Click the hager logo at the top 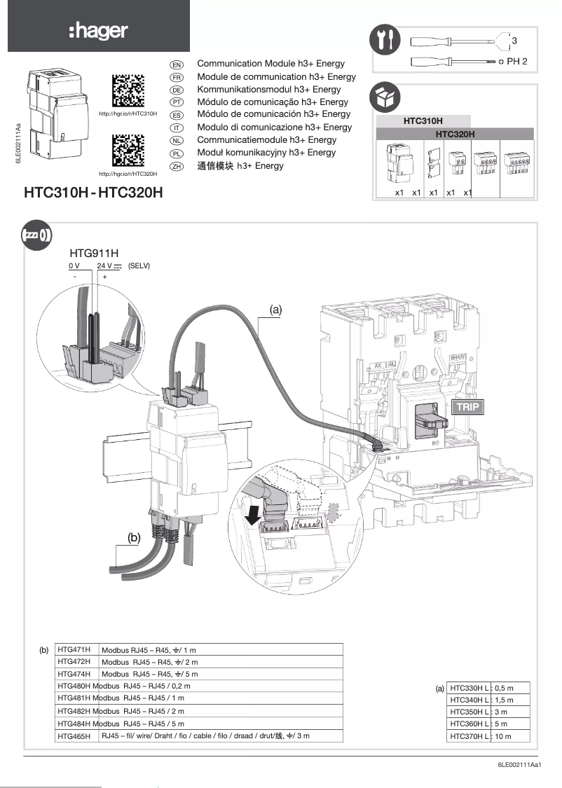tap(98, 30)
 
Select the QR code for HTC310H tap(128, 90)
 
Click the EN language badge tap(177, 64)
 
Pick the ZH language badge tap(177, 166)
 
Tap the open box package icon tap(386, 96)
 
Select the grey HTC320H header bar tap(455, 133)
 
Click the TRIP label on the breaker tap(468, 406)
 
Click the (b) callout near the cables tap(135, 537)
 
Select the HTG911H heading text tap(94, 253)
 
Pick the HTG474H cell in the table tap(75, 674)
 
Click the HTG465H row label tap(75, 736)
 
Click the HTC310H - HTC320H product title tap(93, 192)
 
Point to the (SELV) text tap(140, 266)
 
